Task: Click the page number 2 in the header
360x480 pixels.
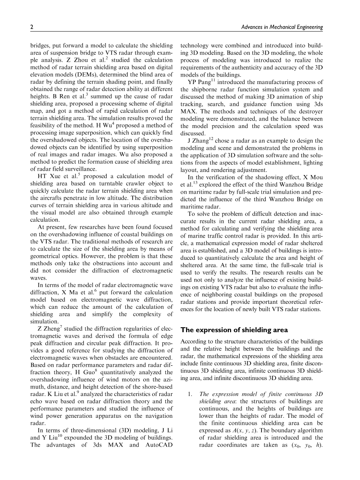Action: tap(32, 27)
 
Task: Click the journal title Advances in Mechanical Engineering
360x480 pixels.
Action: tap(282, 27)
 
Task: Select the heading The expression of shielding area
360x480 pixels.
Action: tap(234, 330)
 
